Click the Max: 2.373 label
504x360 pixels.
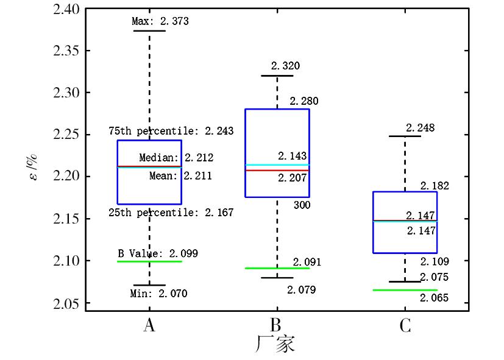coord(160,21)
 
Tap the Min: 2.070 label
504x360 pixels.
coord(159,294)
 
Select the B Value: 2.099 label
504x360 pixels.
coord(158,253)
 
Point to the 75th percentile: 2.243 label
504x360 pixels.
coord(171,131)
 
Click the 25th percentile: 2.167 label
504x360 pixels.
coord(171,213)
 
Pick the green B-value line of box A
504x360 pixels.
coord(149,261)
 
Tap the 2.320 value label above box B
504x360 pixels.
coord(286,66)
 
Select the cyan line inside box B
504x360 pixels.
coord(277,165)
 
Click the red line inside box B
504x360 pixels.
coord(277,171)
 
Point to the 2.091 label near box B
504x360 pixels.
coord(307,263)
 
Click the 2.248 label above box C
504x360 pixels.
coord(420,128)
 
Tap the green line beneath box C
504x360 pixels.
coord(405,290)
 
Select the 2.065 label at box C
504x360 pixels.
coord(434,298)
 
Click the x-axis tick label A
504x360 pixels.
coord(149,326)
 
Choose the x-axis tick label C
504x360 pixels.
coord(405,326)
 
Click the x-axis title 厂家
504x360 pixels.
coord(275,344)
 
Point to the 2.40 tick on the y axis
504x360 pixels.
coord(66,9)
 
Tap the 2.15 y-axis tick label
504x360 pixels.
coord(66,219)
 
